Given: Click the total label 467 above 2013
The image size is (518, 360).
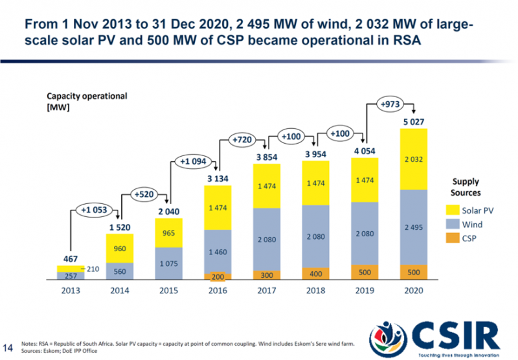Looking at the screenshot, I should pos(71,258).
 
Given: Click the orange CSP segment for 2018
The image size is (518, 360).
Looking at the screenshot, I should pos(315,273).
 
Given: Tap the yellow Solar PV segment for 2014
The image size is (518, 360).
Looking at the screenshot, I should pos(120,248).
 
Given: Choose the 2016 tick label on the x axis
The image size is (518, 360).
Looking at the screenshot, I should pos(217,290).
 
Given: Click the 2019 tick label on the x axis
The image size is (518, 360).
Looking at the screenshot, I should pos(363,290).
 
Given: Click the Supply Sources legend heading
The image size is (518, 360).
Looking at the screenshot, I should pos(466,188).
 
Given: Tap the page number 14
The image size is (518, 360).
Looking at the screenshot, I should pos(9,344).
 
